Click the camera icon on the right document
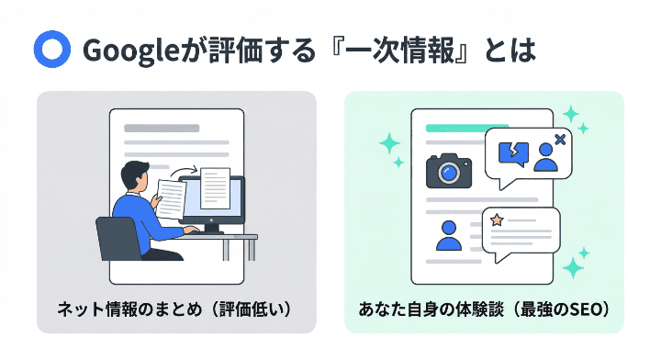(449, 170)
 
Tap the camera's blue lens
(449, 173)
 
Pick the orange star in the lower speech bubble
(497, 221)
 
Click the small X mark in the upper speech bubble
(559, 139)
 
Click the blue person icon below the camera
(449, 235)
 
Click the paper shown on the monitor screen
(215, 187)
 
